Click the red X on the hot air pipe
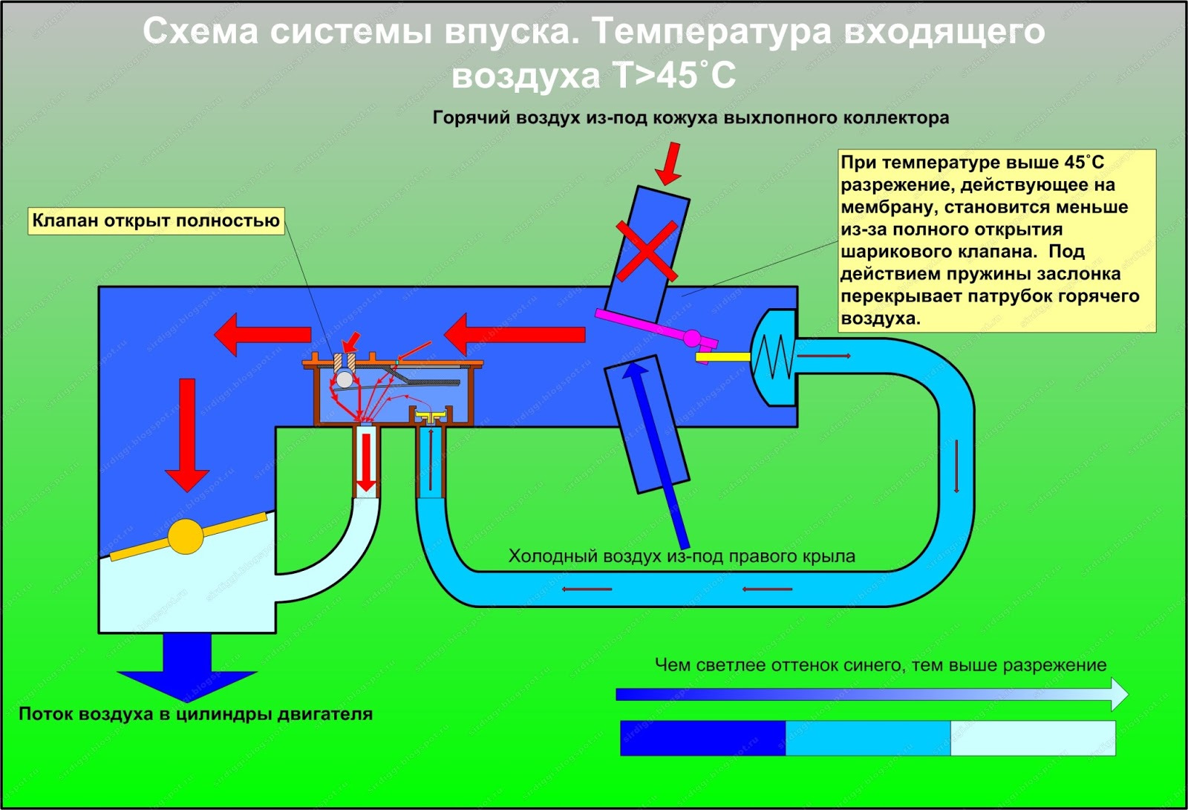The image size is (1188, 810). click(647, 251)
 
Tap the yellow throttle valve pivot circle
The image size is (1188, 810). click(186, 537)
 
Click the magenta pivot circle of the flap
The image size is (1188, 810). click(692, 338)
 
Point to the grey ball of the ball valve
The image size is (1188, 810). click(345, 379)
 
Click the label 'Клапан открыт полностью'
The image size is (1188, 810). click(156, 221)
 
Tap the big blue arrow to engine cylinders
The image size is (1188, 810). click(187, 668)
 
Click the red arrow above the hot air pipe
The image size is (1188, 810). click(669, 163)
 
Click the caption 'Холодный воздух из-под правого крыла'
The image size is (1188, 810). click(682, 556)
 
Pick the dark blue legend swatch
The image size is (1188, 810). click(702, 738)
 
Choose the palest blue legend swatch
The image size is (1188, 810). click(1033, 738)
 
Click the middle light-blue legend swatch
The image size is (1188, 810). click(868, 738)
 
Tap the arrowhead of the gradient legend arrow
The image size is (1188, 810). click(1120, 694)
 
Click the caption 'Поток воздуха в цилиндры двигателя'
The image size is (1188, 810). click(196, 714)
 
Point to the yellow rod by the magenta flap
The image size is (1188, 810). click(723, 357)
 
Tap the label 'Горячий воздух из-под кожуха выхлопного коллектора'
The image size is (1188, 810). click(691, 118)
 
